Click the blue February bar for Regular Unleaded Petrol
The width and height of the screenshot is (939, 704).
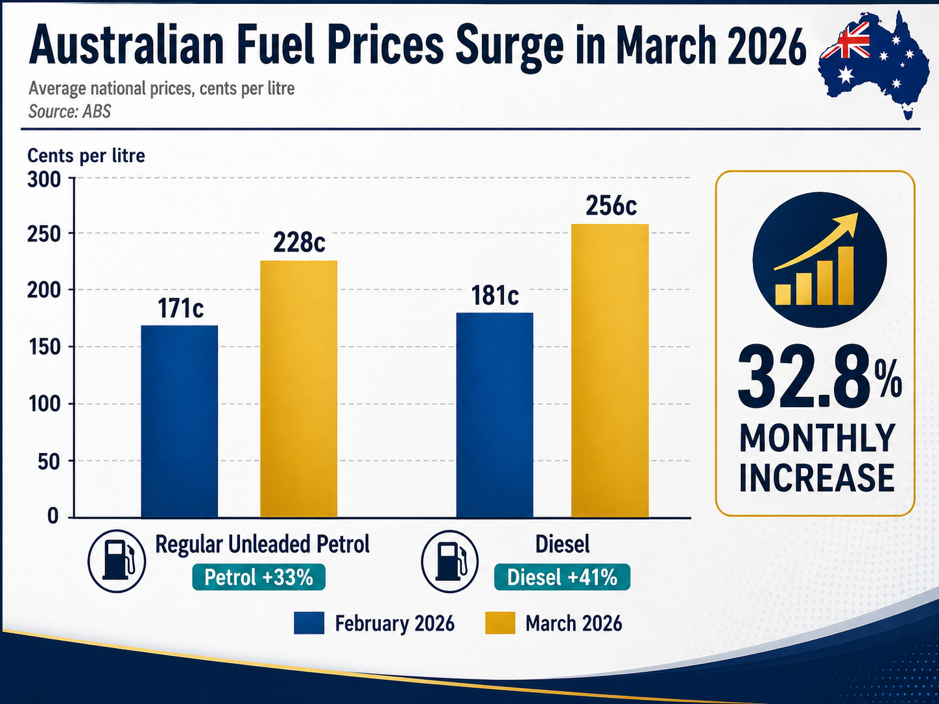179,421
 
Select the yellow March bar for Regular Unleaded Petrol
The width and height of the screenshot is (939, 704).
298,389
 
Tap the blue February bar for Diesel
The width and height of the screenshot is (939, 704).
495,415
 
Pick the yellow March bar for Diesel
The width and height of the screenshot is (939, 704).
610,371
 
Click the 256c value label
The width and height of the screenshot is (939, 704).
611,205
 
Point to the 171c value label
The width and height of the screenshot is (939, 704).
180,308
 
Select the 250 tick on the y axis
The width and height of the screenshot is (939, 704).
44,234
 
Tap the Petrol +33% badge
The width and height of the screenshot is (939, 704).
258,577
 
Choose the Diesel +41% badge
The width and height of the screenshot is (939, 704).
562,577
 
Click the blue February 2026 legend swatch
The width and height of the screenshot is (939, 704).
309,623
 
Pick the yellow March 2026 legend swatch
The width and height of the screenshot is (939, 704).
500,623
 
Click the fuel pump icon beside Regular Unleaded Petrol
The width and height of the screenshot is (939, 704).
117,561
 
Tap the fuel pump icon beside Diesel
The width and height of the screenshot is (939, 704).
449,561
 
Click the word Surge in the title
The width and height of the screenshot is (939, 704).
508,47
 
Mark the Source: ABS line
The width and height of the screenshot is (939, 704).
70,111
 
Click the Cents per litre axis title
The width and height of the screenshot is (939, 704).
86,156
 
